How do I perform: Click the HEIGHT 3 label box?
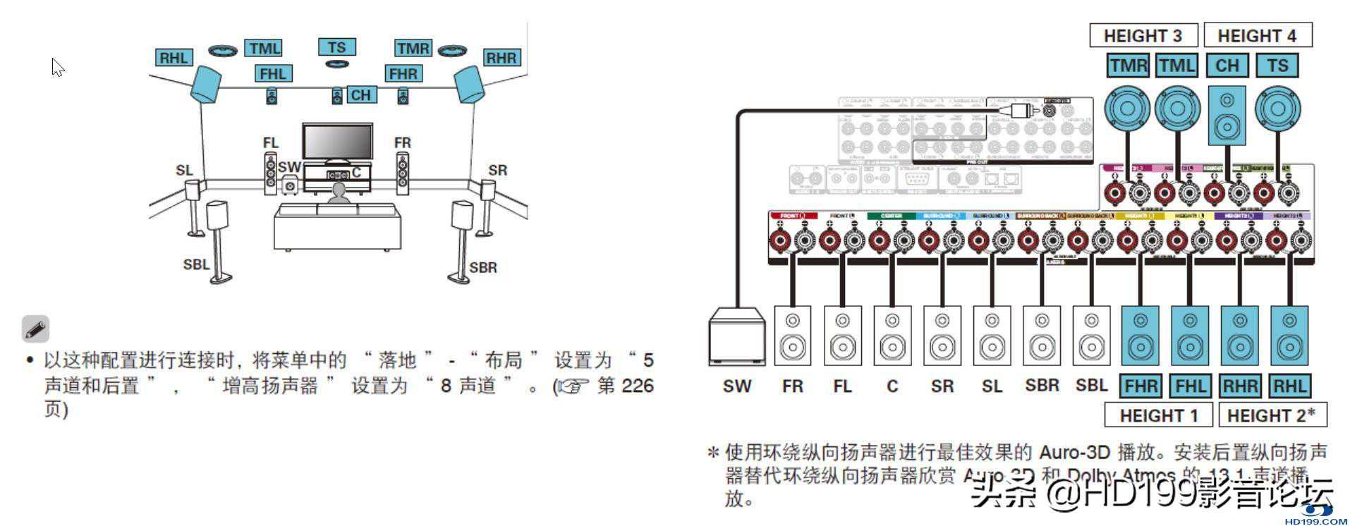click(x=1143, y=35)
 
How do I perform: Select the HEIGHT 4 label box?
click(x=1257, y=35)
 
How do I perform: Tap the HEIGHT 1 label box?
click(x=1158, y=415)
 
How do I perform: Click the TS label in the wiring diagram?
click(x=1277, y=66)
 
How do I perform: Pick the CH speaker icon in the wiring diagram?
click(x=1227, y=116)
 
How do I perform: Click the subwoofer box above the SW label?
click(x=737, y=336)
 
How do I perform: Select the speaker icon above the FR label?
click(x=793, y=336)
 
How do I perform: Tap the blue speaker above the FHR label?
click(x=1140, y=336)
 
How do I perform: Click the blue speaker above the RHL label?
click(x=1289, y=336)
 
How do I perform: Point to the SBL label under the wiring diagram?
click(x=1091, y=386)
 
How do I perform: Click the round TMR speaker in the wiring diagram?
click(x=1127, y=109)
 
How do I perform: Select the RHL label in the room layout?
click(x=174, y=58)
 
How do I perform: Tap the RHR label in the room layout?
click(x=501, y=58)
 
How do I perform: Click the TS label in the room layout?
click(x=336, y=47)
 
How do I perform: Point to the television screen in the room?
click(x=338, y=142)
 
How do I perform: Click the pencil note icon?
click(x=35, y=329)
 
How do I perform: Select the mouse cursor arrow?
click(x=57, y=67)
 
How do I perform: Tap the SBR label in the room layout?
click(x=483, y=267)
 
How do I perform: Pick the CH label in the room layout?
click(x=360, y=95)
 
